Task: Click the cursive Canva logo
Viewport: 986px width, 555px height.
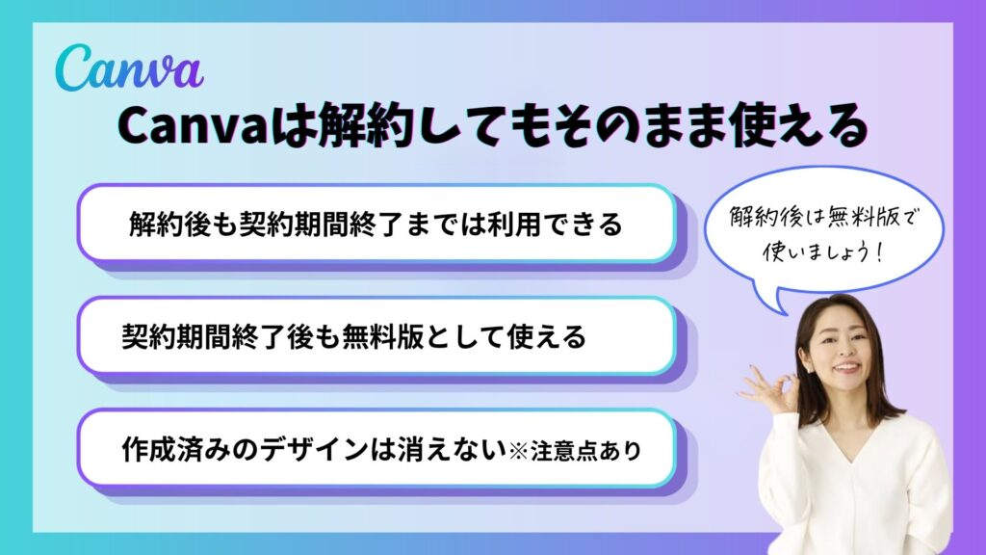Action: [129, 68]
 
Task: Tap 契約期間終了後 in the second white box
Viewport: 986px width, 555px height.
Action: [218, 336]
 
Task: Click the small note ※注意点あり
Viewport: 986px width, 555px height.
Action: [576, 451]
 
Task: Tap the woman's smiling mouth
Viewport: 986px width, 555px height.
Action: [846, 366]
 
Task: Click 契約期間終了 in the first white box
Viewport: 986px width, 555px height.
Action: [322, 224]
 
